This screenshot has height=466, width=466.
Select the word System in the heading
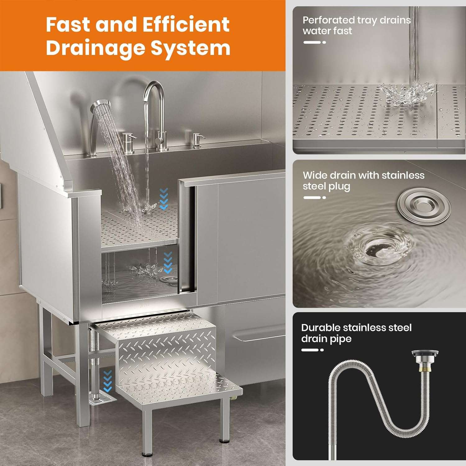[190, 48]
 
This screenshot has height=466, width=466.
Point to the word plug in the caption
[339, 186]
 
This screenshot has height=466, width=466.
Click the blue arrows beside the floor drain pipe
[107, 381]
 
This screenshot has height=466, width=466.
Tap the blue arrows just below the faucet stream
[163, 199]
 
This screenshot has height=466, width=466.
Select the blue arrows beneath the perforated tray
[167, 263]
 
